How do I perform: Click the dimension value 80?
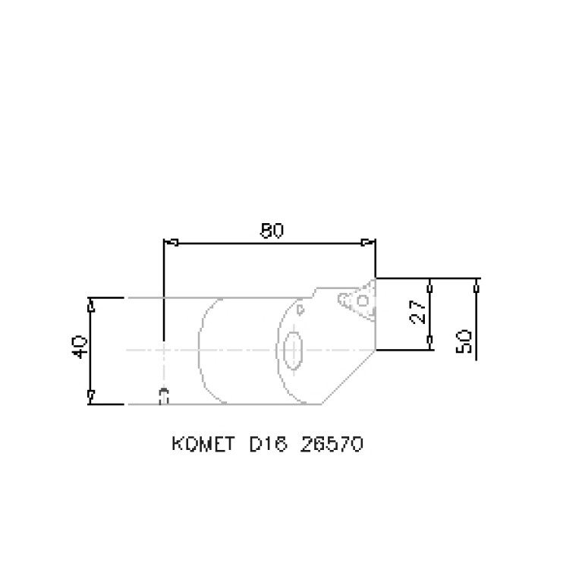[272, 231]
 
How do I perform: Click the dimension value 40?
[79, 347]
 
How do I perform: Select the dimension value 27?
[419, 312]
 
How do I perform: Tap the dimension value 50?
[464, 341]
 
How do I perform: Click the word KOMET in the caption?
[203, 444]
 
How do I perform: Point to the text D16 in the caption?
[269, 444]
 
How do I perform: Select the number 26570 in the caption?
[332, 444]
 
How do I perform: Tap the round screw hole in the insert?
[363, 300]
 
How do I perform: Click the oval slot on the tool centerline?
[293, 351]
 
